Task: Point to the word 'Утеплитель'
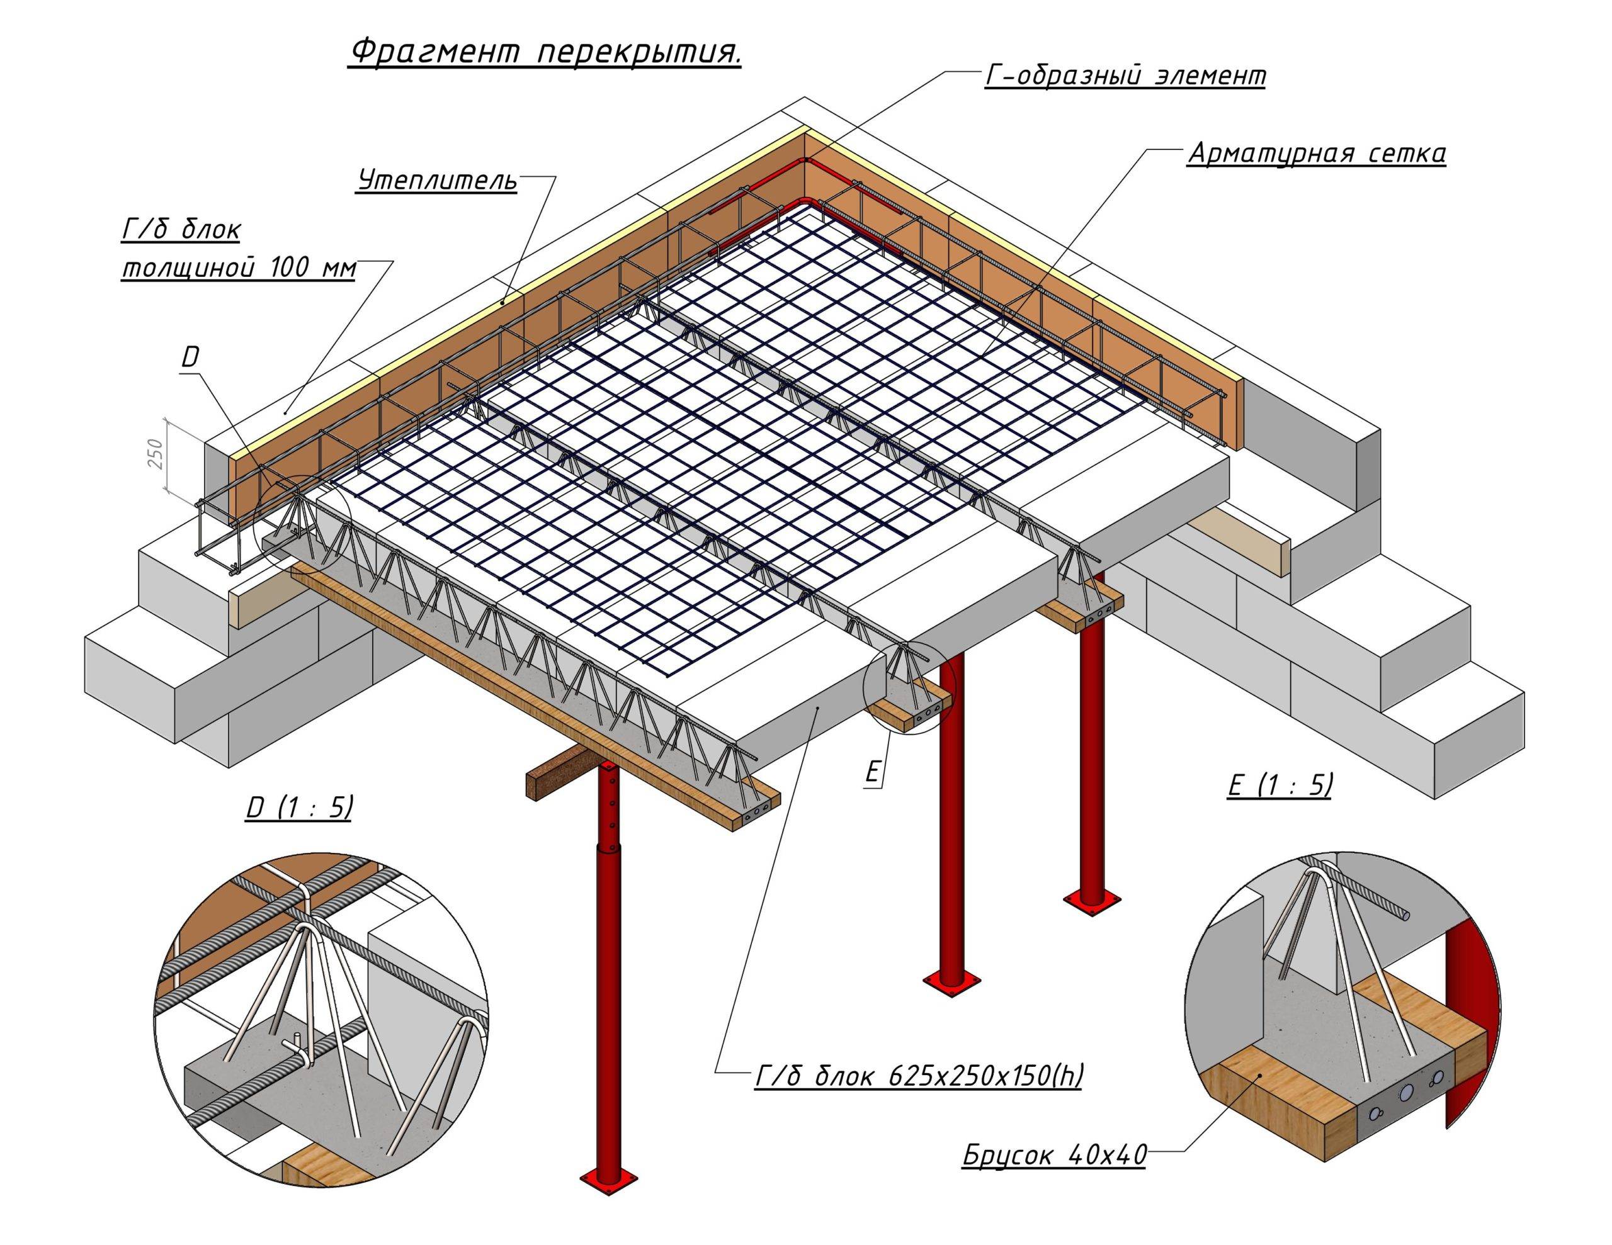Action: coord(437,180)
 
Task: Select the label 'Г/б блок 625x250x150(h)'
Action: coord(918,1077)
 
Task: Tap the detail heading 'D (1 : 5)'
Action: coord(299,808)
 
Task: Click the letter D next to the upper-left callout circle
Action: coord(190,358)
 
